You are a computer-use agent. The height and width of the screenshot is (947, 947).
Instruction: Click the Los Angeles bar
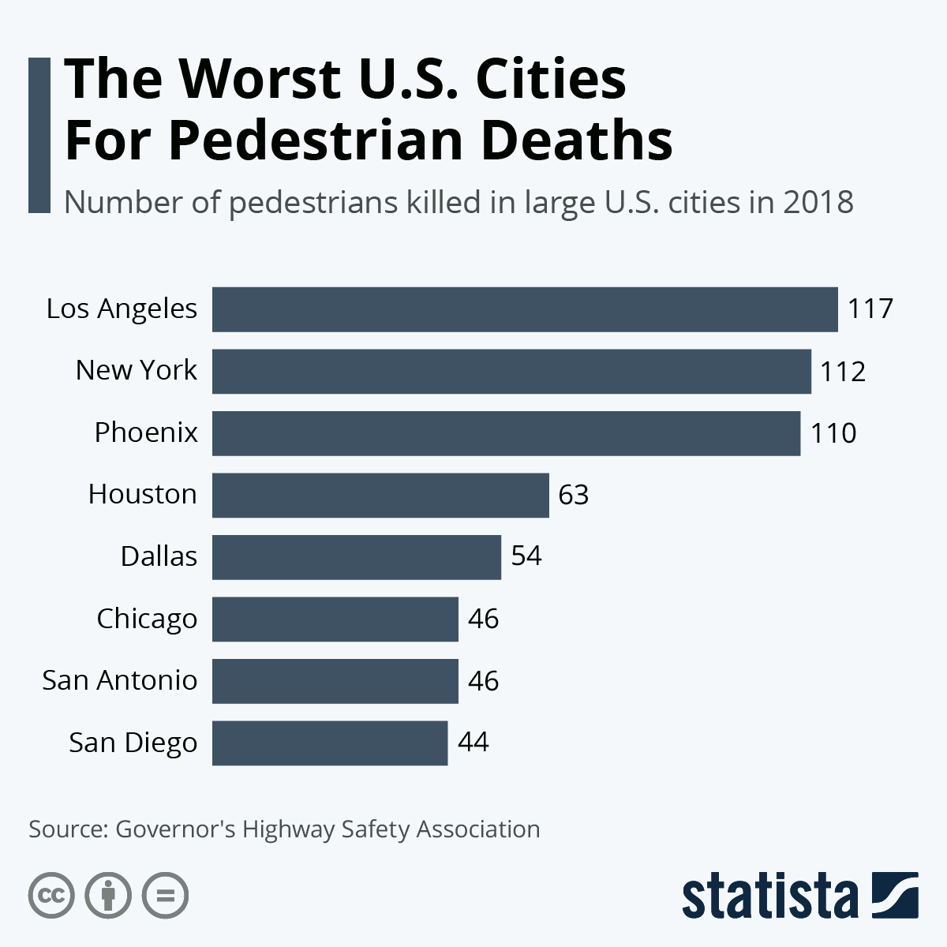(525, 309)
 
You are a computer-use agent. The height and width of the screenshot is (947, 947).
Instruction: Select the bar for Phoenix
(506, 433)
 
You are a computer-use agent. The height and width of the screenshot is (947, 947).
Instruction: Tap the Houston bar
(380, 495)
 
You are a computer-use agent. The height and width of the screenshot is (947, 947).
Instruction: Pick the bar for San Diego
(330, 743)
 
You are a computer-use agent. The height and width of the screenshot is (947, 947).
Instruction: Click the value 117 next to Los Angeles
(870, 309)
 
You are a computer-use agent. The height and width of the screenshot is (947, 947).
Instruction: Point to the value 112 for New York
(843, 371)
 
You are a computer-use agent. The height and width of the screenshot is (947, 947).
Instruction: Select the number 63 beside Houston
(574, 495)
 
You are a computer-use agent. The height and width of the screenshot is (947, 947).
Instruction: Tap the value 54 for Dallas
(526, 556)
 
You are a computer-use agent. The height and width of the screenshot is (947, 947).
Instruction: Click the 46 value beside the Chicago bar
(483, 619)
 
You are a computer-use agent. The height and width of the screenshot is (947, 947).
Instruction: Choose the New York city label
(136, 370)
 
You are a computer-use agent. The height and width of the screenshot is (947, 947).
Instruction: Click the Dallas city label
(159, 556)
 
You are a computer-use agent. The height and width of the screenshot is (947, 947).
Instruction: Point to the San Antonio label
(120, 680)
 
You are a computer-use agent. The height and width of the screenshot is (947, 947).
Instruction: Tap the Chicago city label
(147, 619)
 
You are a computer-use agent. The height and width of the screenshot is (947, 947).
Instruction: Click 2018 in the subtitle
(818, 203)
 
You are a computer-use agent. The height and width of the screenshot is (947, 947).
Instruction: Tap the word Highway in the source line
(288, 829)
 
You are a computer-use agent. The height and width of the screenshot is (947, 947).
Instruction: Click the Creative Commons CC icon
(51, 896)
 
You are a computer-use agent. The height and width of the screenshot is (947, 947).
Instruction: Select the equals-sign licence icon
(166, 896)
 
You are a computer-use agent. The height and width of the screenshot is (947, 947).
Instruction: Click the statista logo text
(769, 896)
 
